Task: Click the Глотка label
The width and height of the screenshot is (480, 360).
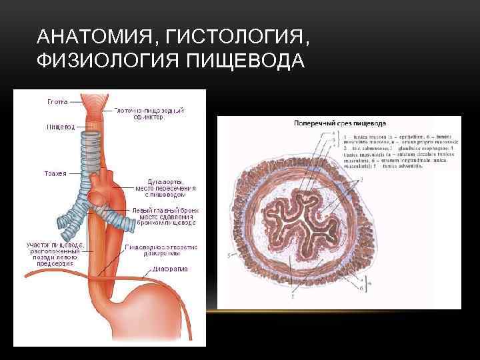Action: tap(56, 103)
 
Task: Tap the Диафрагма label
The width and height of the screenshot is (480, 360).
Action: tap(168, 269)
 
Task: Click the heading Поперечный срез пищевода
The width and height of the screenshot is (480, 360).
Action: tap(340, 123)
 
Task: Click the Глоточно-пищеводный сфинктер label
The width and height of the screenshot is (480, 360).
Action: tap(149, 113)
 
